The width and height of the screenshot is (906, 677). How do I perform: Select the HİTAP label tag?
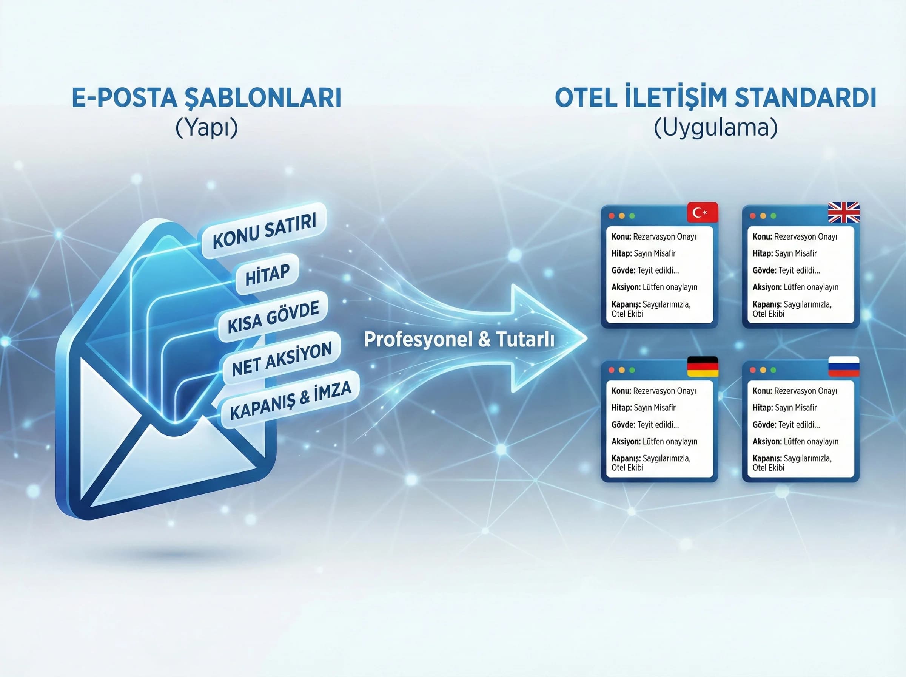click(x=267, y=275)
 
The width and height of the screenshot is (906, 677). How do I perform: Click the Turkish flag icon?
click(x=702, y=212)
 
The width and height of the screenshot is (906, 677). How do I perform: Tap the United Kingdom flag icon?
click(x=843, y=212)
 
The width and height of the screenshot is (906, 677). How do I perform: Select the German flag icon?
click(x=702, y=366)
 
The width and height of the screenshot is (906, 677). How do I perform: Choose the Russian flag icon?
click(x=843, y=366)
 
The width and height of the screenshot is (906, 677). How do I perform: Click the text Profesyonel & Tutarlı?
click(x=459, y=339)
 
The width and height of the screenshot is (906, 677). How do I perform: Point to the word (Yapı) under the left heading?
click(x=206, y=127)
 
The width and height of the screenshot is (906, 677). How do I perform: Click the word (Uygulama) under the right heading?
click(x=715, y=127)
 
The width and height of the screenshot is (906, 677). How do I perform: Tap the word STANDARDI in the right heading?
click(x=805, y=98)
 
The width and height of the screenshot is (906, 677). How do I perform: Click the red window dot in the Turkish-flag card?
click(x=611, y=216)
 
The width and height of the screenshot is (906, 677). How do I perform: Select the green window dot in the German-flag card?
click(x=632, y=370)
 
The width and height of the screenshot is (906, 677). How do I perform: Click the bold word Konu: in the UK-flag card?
click(x=762, y=236)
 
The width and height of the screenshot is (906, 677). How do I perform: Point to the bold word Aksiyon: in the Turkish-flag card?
click(x=626, y=287)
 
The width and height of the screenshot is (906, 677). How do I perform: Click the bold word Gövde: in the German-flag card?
click(x=623, y=425)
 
